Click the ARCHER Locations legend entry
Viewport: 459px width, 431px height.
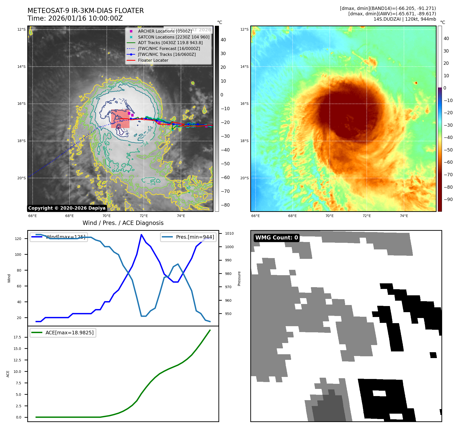tap(165, 31)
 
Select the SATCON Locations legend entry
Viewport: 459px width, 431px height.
tap(174, 37)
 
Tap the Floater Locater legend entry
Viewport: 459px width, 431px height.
tap(153, 60)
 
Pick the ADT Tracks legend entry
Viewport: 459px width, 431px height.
tap(170, 43)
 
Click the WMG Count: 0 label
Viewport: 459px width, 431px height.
tap(277, 238)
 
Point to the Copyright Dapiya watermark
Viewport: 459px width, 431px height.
tap(67, 208)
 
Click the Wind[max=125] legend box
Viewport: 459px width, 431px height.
tap(59, 237)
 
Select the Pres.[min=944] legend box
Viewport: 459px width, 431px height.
tap(188, 237)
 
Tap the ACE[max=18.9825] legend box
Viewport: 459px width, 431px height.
tap(63, 333)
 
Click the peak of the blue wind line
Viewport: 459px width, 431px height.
tap(141, 234)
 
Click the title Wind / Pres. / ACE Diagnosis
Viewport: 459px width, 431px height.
tap(123, 223)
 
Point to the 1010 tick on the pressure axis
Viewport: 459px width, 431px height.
tap(229, 233)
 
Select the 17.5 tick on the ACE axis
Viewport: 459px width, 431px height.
tap(17, 337)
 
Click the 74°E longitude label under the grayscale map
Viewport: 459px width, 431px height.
tap(181, 216)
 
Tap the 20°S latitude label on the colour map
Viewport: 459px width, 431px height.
tap(244, 178)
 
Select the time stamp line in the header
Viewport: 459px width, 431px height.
tap(75, 18)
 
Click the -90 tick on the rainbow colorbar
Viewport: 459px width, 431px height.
tap(448, 199)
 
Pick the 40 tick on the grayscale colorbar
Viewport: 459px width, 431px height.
tap(223, 40)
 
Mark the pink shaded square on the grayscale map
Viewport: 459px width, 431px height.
tap(120, 119)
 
